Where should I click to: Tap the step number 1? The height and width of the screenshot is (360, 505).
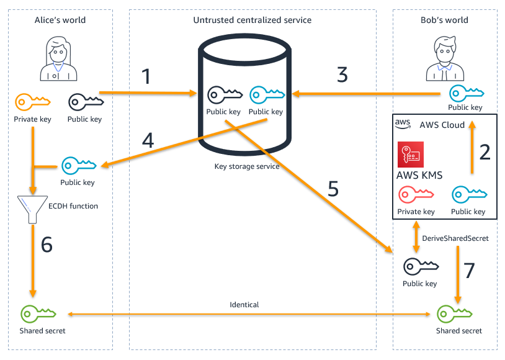pos(146,77)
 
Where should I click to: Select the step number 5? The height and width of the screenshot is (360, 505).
pos(333,189)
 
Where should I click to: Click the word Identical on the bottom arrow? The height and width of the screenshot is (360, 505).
pos(244,305)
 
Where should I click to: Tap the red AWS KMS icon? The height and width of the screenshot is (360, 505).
pos(410,155)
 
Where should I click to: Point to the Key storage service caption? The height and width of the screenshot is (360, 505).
pos(247,167)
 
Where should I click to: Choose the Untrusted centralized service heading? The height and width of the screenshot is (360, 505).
pos(253,20)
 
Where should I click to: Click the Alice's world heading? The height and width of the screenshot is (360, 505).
pos(60,20)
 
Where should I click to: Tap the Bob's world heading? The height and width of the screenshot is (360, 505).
pos(444,20)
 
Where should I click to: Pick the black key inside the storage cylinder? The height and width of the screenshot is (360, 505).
pos(223,94)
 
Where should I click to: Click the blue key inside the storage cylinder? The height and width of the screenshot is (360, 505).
pos(266,94)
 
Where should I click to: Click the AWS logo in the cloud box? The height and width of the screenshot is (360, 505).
pos(403,125)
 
